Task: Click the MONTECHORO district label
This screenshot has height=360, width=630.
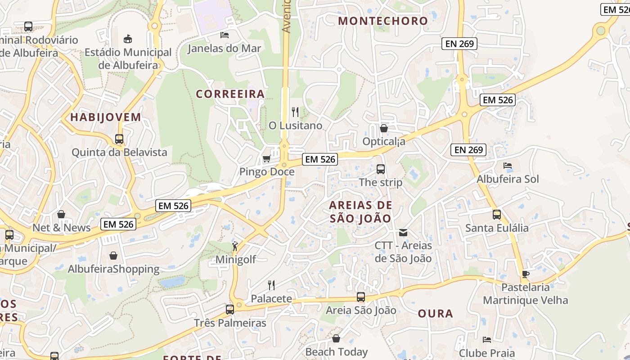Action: pos(383,21)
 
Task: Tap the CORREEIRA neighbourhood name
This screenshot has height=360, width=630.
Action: pos(230,94)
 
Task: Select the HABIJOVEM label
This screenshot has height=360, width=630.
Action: pos(106,117)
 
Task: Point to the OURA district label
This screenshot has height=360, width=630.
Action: pos(435,314)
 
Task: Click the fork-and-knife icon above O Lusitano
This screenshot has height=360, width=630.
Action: pos(295,112)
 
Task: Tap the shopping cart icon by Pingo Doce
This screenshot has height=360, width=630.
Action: pos(266,159)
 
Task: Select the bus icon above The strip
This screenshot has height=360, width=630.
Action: pos(381,169)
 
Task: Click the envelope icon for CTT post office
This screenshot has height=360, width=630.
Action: pos(403,233)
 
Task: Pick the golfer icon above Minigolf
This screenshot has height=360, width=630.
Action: pos(235,246)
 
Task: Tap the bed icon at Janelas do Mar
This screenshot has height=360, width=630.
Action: pos(225,35)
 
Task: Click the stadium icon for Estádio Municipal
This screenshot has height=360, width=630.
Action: pos(128,39)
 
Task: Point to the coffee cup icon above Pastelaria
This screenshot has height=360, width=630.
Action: pos(525,274)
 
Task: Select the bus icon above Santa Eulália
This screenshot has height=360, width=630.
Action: pos(497,215)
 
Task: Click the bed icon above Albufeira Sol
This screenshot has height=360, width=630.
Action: pos(508,166)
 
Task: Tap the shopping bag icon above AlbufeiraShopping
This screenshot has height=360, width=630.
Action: pos(113,256)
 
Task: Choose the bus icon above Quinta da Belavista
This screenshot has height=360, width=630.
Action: pos(119,139)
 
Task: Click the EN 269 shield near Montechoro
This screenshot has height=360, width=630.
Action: pos(459,44)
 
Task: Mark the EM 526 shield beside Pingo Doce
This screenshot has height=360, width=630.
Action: pos(320,159)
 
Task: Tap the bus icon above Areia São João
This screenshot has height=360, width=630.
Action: pos(361,297)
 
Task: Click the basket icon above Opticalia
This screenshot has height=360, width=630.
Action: pos(384,128)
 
